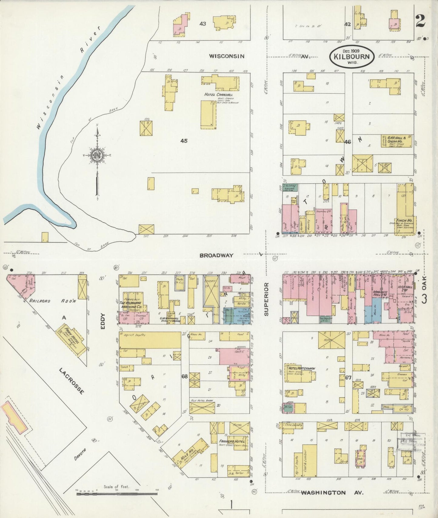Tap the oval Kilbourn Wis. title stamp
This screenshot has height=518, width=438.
click(x=352, y=56)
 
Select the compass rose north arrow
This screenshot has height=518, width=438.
click(x=97, y=158)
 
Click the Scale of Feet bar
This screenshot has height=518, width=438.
click(x=117, y=493)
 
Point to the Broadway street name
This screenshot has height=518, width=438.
click(x=216, y=256)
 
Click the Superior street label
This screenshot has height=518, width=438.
click(x=266, y=299)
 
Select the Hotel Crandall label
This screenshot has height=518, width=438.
click(x=219, y=95)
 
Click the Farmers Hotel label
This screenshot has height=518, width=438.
click(x=232, y=442)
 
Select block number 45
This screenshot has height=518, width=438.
click(x=184, y=141)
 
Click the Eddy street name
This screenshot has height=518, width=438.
click(x=103, y=322)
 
